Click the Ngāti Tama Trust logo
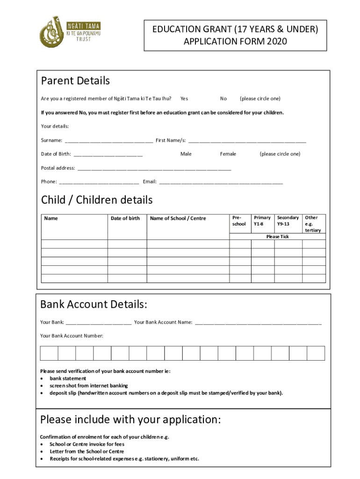[70, 32]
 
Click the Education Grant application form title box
[235, 36]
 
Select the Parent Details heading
[75, 81]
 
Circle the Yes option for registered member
[184, 99]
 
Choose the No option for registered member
[223, 99]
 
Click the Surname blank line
[108, 140]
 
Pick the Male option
[186, 154]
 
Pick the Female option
[228, 154]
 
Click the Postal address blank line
[154, 168]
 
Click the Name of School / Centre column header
[178, 218]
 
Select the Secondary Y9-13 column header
[288, 221]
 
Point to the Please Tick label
[277, 237]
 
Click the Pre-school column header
[239, 221]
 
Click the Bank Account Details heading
[94, 305]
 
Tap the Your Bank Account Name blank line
[258, 322]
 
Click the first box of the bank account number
[49, 353]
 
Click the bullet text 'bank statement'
[68, 378]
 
